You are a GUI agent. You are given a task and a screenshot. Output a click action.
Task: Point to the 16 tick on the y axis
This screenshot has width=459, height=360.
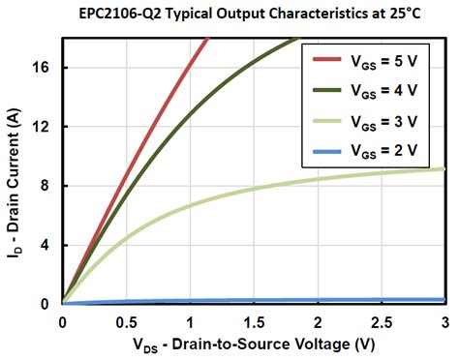coord(44,68)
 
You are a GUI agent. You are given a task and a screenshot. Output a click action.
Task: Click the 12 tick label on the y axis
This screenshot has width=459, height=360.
coord(44,127)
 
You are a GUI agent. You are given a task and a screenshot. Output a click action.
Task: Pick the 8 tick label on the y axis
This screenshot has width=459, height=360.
coord(47,186)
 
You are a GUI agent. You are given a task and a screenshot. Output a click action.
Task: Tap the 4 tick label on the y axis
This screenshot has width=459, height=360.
coord(47,245)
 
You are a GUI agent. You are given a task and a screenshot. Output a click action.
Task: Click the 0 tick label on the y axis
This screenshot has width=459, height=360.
coord(47,304)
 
